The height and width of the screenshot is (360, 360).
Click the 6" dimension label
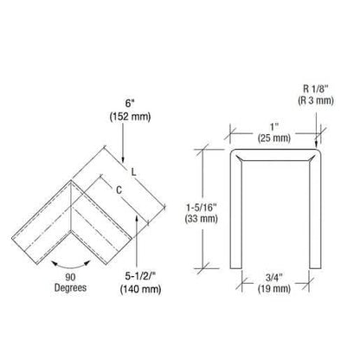click(x=130, y=103)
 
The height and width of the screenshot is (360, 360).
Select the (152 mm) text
click(x=130, y=117)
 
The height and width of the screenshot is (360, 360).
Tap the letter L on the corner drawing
click(x=133, y=172)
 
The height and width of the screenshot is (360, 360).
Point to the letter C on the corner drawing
click(x=119, y=190)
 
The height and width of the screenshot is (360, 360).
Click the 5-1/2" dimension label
click(x=140, y=276)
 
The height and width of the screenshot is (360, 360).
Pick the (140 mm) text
click(x=140, y=289)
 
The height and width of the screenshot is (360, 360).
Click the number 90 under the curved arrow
click(x=70, y=277)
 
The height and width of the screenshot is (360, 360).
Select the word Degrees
click(x=70, y=287)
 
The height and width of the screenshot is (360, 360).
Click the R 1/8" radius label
click(x=316, y=88)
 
